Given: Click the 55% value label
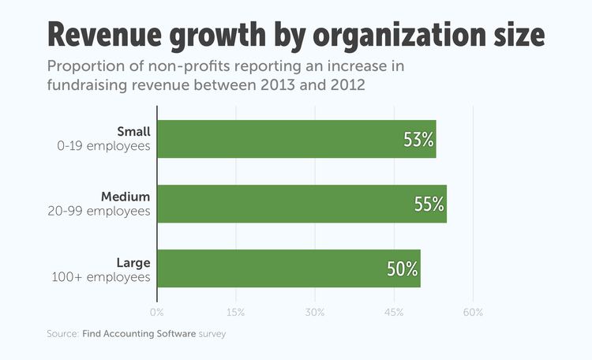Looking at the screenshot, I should (x=429, y=204).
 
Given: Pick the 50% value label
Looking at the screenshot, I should (x=402, y=269).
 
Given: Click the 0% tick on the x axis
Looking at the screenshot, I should (x=157, y=313).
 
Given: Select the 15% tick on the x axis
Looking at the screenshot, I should (x=236, y=313).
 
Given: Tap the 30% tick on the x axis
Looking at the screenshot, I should (x=315, y=313).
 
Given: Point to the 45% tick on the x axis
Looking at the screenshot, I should (x=394, y=313).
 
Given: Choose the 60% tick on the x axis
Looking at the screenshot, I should (x=473, y=313).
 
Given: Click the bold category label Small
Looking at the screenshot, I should (x=133, y=131).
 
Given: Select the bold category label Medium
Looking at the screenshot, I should (x=126, y=196).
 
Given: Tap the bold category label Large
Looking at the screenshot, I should (x=133, y=261).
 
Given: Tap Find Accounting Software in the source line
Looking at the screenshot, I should (x=139, y=334).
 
